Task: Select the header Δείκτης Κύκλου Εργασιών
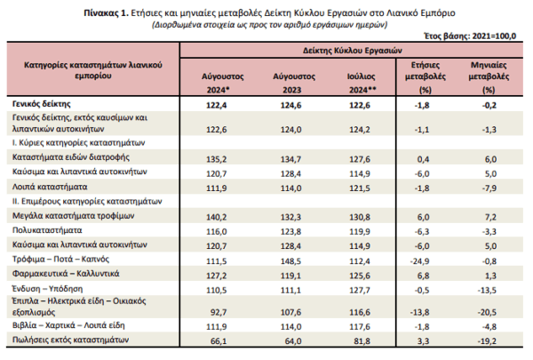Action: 353,51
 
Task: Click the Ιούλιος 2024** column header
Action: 362,83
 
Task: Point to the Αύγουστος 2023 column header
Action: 294,83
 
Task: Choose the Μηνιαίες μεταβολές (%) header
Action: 489,77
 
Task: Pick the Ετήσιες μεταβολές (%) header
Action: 426,77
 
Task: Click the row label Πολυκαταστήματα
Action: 47,230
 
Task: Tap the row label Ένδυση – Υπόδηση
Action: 48,289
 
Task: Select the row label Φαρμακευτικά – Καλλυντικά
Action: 66,274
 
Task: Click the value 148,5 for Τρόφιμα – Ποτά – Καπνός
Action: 291,261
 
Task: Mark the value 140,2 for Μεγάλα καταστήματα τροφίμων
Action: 217,217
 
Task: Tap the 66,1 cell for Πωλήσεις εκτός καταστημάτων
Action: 219,341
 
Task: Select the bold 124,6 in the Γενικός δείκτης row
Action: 291,106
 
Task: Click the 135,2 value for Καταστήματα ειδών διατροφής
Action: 217,159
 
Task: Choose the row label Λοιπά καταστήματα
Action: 50,187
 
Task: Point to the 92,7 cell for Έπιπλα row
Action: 219,312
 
